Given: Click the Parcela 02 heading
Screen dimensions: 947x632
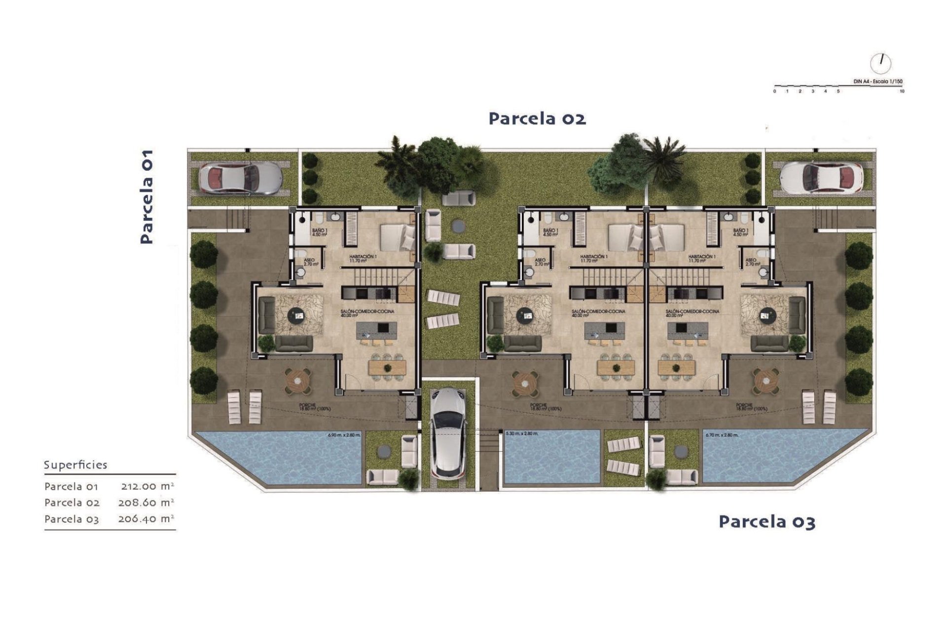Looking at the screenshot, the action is point(537,118).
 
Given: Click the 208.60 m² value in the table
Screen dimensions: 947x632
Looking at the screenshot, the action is point(146,503).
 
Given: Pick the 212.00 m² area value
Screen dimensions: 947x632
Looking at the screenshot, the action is point(147,486).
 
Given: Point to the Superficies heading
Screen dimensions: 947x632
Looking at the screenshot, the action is point(75,465).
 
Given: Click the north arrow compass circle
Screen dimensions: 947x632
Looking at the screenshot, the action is point(880,63).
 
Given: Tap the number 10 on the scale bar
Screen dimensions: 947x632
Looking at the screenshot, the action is point(902,91).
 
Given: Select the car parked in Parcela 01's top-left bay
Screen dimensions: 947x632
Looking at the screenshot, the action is point(240,178).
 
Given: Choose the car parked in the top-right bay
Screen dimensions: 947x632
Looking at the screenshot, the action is point(821,178).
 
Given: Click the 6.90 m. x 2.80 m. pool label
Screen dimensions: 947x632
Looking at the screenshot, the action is point(344,435).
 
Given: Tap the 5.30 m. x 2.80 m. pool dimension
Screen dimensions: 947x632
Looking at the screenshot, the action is point(522,434).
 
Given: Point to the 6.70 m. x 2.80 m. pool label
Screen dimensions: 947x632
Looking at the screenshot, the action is point(722,435).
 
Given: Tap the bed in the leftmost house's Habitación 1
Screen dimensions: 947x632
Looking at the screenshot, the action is point(397,237).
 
